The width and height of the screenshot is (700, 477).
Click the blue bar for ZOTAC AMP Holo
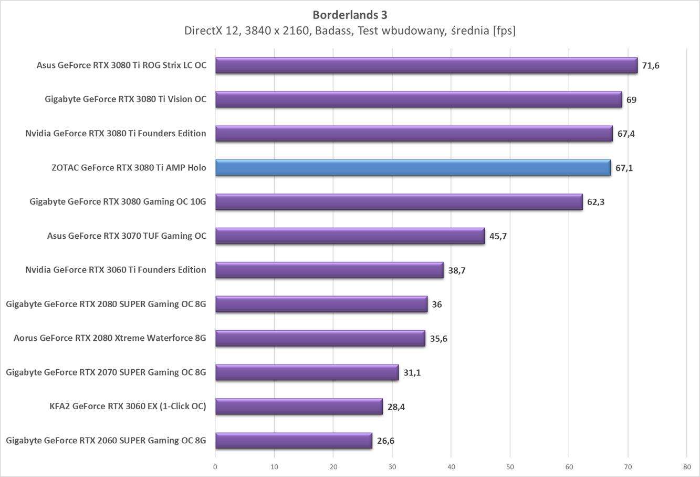(x=413, y=168)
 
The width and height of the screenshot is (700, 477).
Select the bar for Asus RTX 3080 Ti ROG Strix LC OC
(x=426, y=65)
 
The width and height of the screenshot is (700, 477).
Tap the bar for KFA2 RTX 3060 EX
(x=299, y=407)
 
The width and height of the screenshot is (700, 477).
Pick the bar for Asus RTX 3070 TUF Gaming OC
(x=350, y=236)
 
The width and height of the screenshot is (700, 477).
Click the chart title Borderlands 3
(x=350, y=15)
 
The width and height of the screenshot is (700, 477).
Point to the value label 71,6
(x=651, y=66)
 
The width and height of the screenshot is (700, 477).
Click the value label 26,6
(x=385, y=441)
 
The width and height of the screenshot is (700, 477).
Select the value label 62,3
(x=595, y=202)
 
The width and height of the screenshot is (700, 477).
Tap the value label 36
(x=436, y=305)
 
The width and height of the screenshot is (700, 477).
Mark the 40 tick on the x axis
(x=451, y=466)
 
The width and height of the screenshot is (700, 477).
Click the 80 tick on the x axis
(x=687, y=466)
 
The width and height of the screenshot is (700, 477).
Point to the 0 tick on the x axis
(x=215, y=466)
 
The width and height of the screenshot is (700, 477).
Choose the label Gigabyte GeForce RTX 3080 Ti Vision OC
(x=126, y=99)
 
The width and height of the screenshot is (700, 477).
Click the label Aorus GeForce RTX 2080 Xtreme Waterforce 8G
(x=110, y=338)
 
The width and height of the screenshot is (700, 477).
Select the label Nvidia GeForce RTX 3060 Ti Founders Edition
(x=116, y=270)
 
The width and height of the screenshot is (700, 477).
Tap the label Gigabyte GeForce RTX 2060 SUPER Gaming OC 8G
(x=106, y=440)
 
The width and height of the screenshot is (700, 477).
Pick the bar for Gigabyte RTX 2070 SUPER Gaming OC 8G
(x=307, y=372)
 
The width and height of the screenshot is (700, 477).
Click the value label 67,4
(x=626, y=134)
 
